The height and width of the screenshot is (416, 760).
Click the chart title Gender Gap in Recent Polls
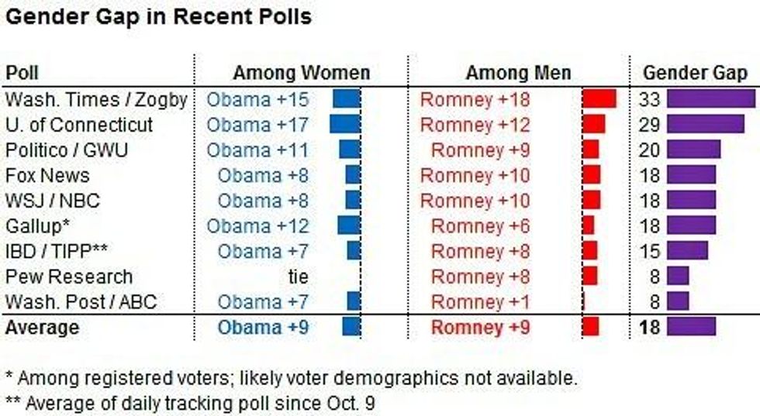[x=159, y=17]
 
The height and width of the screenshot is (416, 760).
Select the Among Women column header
[x=301, y=74]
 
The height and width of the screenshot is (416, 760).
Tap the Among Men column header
[x=517, y=74]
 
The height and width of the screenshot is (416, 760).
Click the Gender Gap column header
[x=695, y=74]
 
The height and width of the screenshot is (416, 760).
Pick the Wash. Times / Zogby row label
[x=96, y=99]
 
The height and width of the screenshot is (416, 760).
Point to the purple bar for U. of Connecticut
[x=705, y=125]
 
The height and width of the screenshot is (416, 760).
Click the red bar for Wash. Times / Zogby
[x=599, y=99]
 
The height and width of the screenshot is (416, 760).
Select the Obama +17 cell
[x=257, y=125]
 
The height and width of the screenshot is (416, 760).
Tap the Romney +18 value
[x=475, y=99]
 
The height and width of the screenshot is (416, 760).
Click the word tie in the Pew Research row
[x=297, y=277]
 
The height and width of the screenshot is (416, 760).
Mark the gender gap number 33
[x=650, y=99]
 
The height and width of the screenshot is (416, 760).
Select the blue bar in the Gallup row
[x=349, y=226]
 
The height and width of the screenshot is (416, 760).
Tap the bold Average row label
[x=42, y=328]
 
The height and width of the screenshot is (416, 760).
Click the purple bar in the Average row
[x=691, y=327]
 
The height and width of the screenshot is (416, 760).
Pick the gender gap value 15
[x=650, y=252]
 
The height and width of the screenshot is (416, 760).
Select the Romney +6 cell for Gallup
[x=481, y=226]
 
